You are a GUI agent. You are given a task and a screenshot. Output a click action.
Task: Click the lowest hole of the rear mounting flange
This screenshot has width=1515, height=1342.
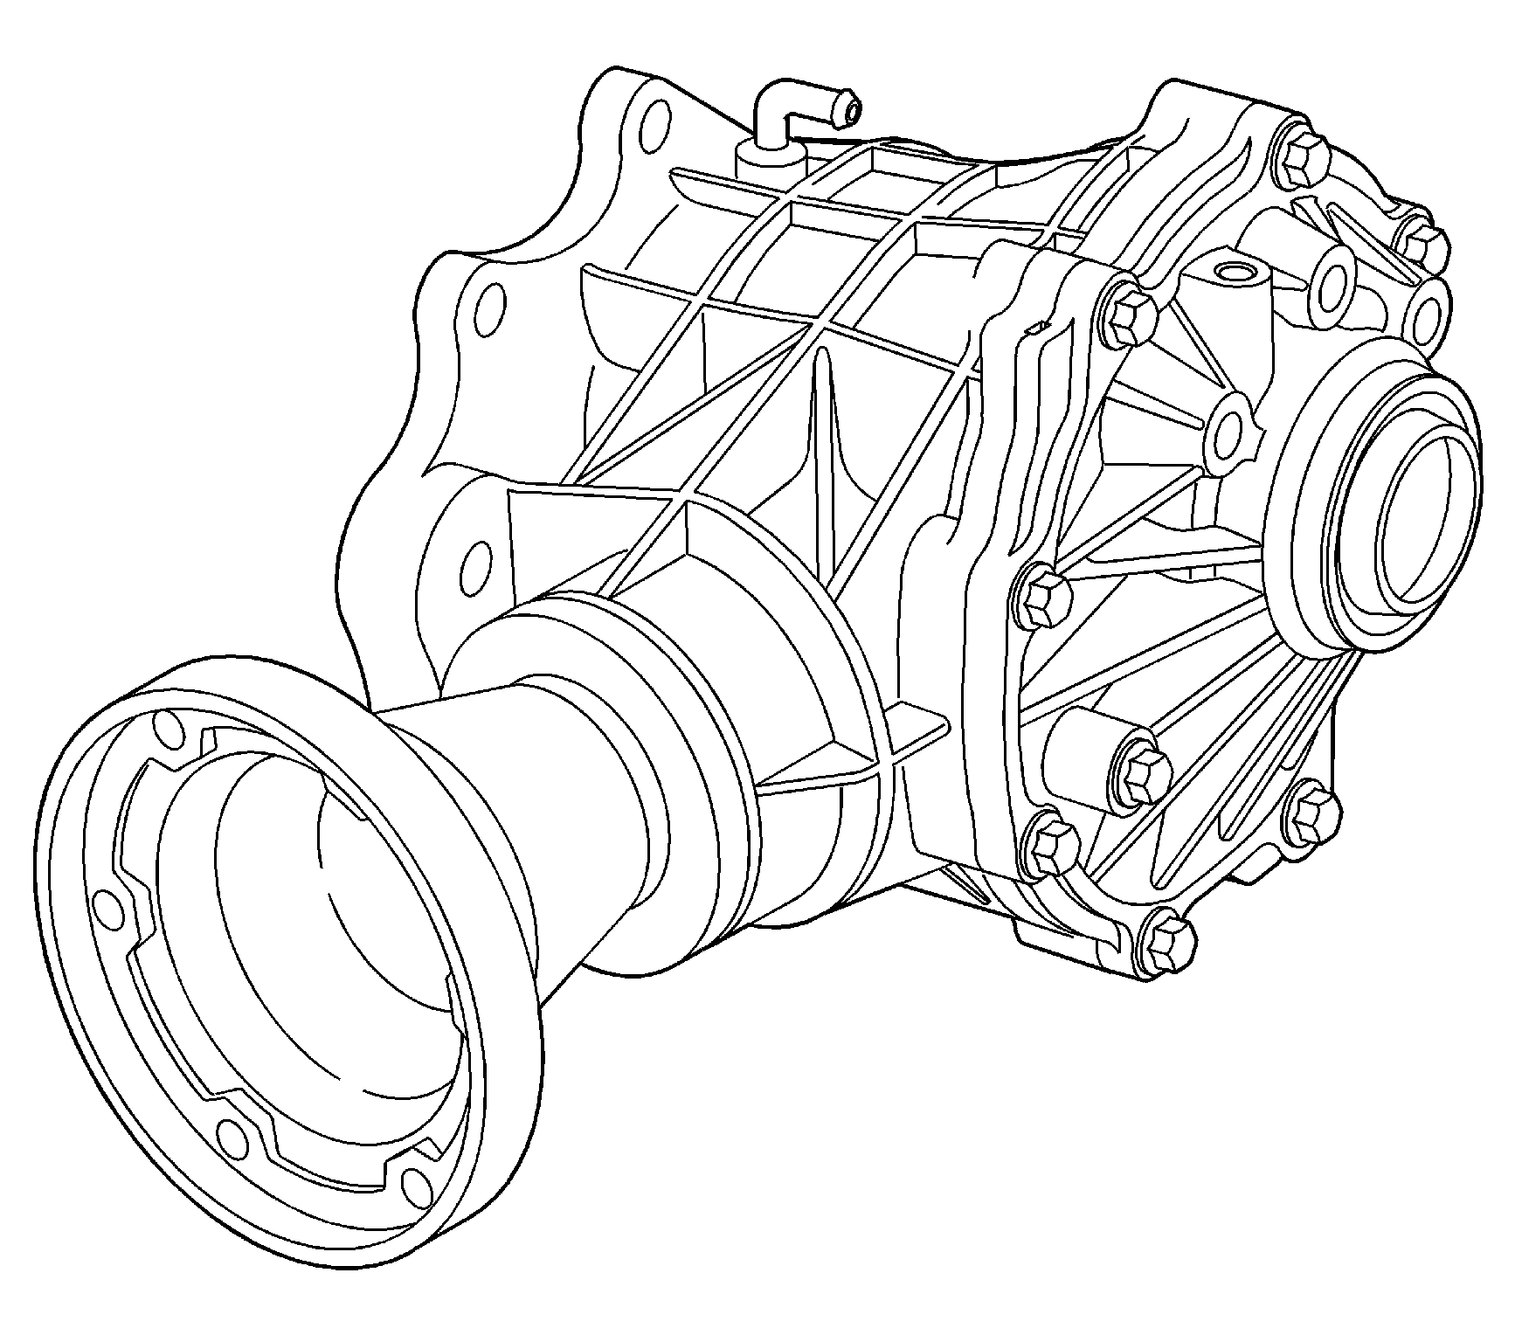477,564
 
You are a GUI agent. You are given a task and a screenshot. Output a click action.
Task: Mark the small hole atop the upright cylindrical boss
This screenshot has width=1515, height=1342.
1235,273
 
